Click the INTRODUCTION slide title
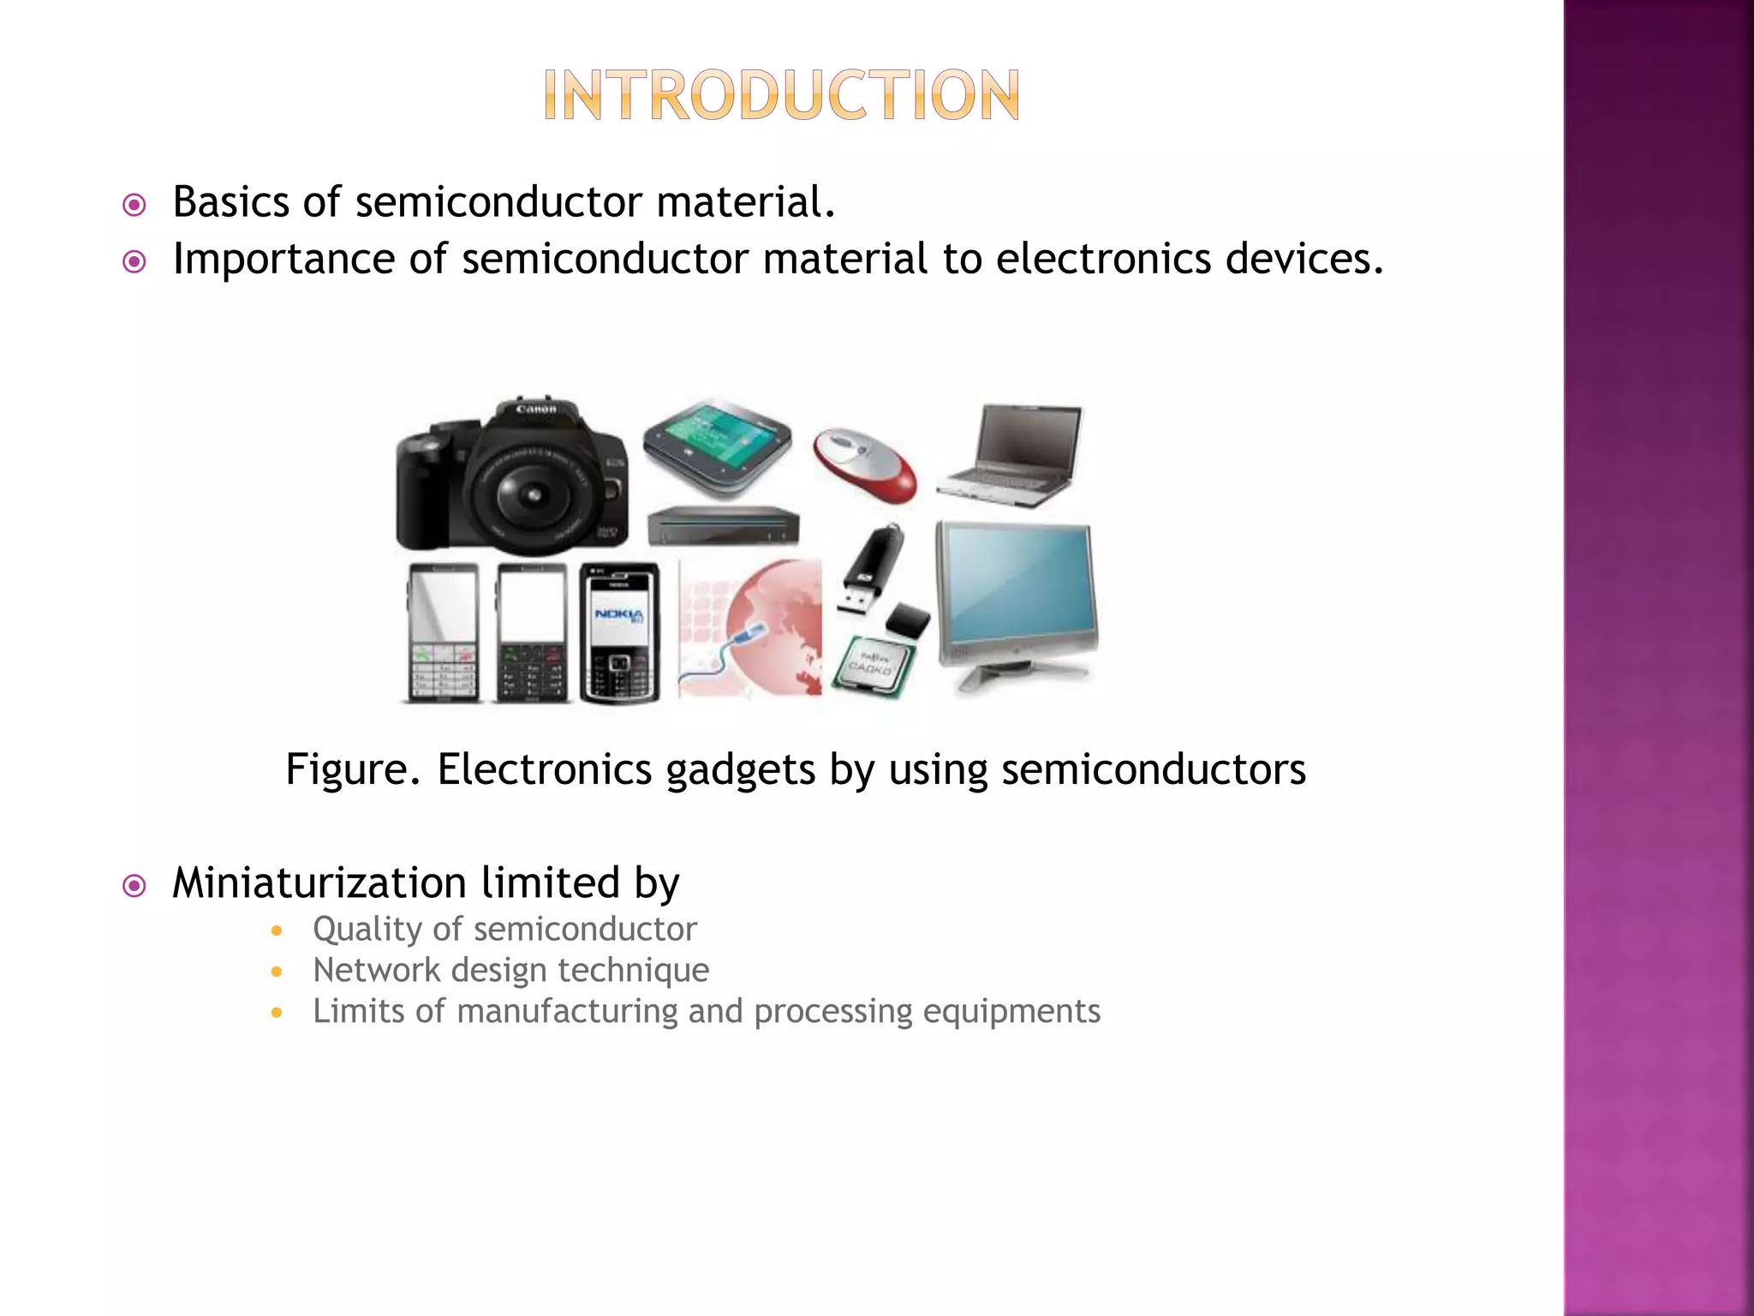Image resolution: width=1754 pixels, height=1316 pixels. coord(781,95)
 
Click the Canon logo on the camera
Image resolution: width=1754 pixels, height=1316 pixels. coord(536,410)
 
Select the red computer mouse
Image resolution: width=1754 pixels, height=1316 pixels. coord(865,464)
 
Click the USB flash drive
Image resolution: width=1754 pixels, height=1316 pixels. coord(870,570)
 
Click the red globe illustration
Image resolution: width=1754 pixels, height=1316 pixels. coord(775,625)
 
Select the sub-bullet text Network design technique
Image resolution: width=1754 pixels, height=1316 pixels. coord(510,970)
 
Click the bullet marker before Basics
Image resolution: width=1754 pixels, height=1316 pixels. coord(134,205)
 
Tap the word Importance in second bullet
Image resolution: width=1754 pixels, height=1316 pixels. coord(283,259)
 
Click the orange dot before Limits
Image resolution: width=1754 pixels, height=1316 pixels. coord(276,1013)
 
